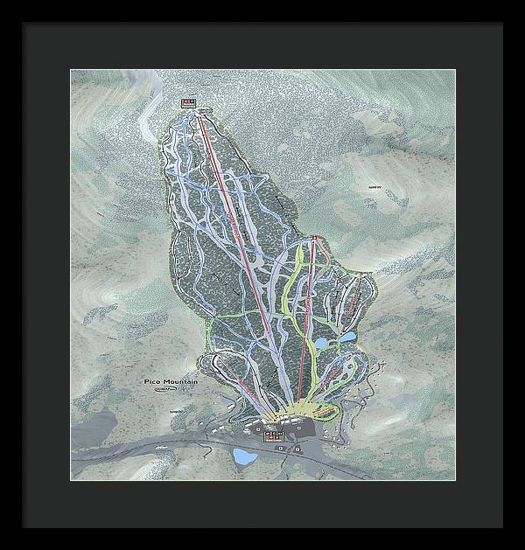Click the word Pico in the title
tap(154, 382)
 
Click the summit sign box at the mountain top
tap(190, 102)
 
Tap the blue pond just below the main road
tap(244, 456)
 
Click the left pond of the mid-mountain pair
tap(323, 344)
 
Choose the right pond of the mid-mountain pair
tap(347, 336)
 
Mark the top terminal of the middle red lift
tap(312, 238)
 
